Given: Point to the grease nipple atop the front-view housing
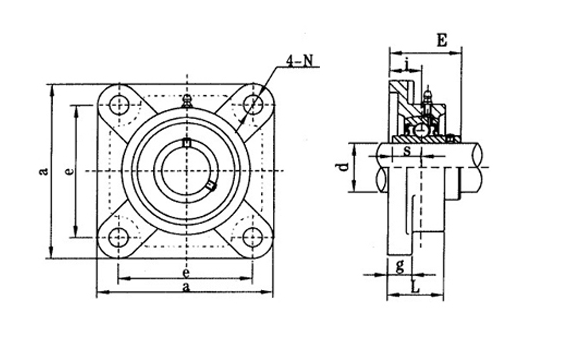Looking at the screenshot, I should point(185,102).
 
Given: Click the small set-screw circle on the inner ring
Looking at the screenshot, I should point(209,186).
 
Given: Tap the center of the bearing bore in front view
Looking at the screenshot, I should point(185,170).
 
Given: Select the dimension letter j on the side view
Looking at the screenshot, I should point(410,67).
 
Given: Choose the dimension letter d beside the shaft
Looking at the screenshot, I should point(343,164).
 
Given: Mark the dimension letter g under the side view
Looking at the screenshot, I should point(399,265).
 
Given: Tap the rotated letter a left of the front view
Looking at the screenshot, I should point(42,171).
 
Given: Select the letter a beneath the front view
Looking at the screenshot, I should point(186,288).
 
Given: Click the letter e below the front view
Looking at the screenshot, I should point(186,271).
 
